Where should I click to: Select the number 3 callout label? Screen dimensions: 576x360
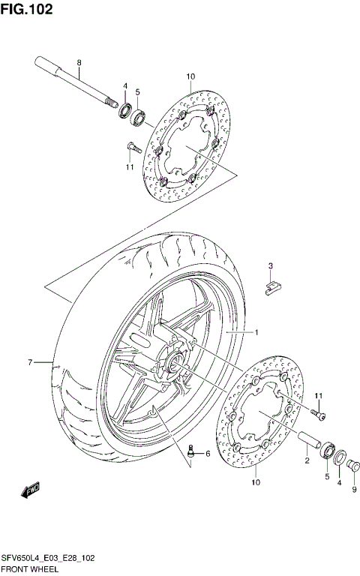(x=271, y=265)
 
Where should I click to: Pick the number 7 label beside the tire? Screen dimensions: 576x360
(x=31, y=363)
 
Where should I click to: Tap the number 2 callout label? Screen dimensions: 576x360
(x=307, y=463)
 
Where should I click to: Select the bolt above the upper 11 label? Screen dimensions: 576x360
(x=130, y=146)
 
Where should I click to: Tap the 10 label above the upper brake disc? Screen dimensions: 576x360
(x=190, y=76)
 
